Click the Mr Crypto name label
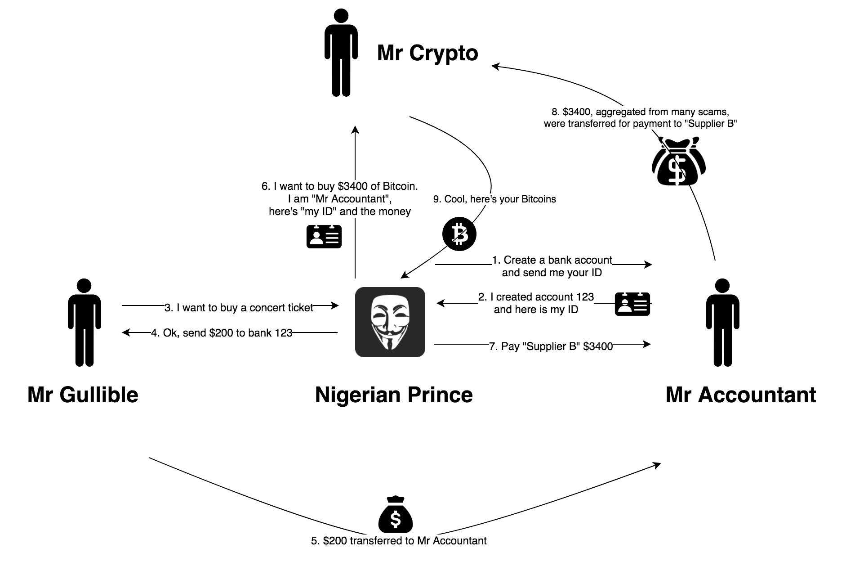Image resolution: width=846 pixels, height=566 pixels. pyautogui.click(x=427, y=53)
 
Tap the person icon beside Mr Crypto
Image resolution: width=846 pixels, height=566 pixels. pyautogui.click(x=341, y=53)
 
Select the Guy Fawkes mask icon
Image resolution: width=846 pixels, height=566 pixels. pyautogui.click(x=390, y=322)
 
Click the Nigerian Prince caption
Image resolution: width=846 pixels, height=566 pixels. pyautogui.click(x=394, y=395)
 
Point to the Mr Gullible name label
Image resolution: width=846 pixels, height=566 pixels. pyautogui.click(x=83, y=395)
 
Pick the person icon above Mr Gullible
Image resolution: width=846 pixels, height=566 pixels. pyautogui.click(x=85, y=322)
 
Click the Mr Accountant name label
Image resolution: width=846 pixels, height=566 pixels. pyautogui.click(x=740, y=395)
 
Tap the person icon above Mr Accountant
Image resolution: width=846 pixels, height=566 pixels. pyautogui.click(x=722, y=322)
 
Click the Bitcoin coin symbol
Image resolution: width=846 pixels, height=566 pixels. pyautogui.click(x=459, y=234)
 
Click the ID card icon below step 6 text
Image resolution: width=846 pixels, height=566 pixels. pyautogui.click(x=324, y=236)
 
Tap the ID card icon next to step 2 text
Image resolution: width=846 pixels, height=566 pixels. pyautogui.click(x=632, y=304)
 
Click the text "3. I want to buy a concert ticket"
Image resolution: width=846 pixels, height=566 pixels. pyautogui.click(x=239, y=308)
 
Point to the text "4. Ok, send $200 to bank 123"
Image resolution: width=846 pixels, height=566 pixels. pyautogui.click(x=222, y=333)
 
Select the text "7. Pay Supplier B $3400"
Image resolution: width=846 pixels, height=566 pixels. pyautogui.click(x=551, y=346)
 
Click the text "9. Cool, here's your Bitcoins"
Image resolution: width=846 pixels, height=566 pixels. pyautogui.click(x=494, y=199)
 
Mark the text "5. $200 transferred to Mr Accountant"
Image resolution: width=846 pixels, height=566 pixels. pyautogui.click(x=399, y=541)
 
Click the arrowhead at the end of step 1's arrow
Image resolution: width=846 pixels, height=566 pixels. pyautogui.click(x=648, y=265)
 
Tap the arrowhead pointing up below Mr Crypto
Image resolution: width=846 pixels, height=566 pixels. pyautogui.click(x=355, y=130)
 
